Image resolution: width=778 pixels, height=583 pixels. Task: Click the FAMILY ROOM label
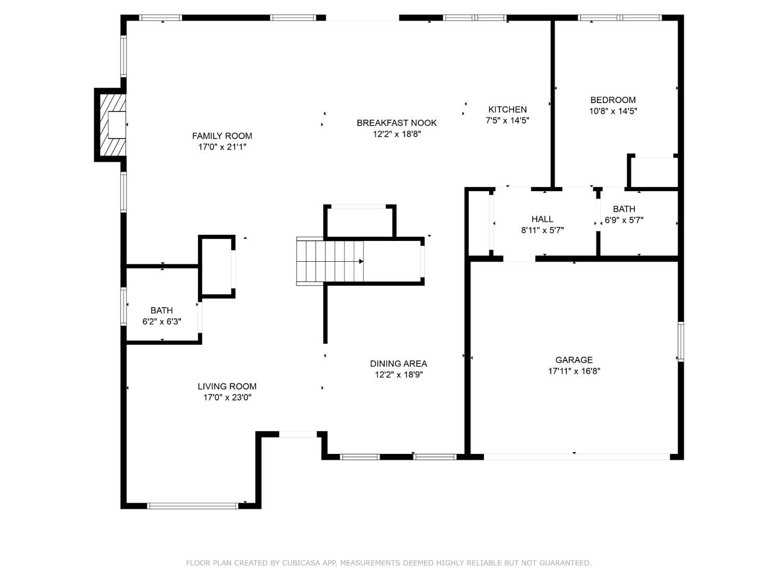(222, 136)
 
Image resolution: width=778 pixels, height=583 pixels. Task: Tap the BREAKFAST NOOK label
(396, 123)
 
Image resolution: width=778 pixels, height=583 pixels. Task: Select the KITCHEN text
(507, 109)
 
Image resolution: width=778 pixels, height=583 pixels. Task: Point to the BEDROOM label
(613, 100)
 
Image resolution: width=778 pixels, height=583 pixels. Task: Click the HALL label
(542, 219)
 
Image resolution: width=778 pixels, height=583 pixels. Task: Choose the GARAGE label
(574, 360)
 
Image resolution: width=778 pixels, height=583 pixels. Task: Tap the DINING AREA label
(398, 364)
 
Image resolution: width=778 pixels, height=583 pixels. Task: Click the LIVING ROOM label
(227, 386)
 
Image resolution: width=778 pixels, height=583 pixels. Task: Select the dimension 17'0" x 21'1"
(222, 147)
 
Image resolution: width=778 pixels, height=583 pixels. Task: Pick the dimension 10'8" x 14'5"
(613, 111)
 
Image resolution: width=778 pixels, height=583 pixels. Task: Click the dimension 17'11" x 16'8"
(574, 372)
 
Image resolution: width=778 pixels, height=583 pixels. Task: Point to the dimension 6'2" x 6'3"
(162, 322)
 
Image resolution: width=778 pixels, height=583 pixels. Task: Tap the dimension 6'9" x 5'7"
(624, 220)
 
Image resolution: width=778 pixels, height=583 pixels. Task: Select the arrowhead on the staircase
(361, 262)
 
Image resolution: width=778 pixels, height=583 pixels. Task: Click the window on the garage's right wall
(680, 342)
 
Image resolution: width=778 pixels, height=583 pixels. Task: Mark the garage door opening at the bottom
(577, 457)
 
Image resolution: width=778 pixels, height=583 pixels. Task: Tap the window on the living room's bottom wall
(192, 506)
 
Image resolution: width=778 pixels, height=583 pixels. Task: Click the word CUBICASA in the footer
(301, 563)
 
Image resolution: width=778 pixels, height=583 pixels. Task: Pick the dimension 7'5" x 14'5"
(507, 121)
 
